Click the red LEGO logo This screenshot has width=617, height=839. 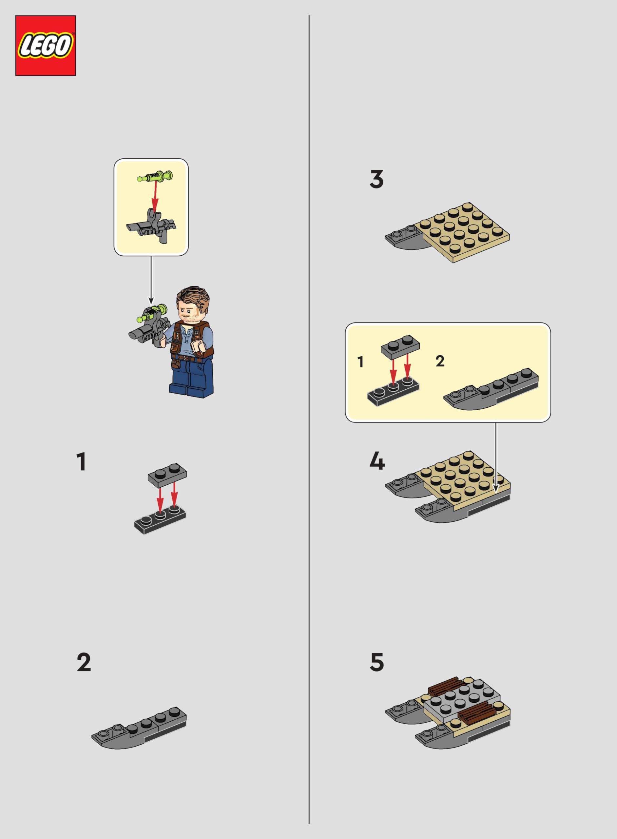[46, 46]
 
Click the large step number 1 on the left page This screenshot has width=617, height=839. [81, 462]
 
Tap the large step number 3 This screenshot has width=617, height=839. [376, 179]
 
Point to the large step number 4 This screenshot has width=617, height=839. [377, 462]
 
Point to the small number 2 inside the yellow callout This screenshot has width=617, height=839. [440, 361]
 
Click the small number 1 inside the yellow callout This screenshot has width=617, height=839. [360, 362]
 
